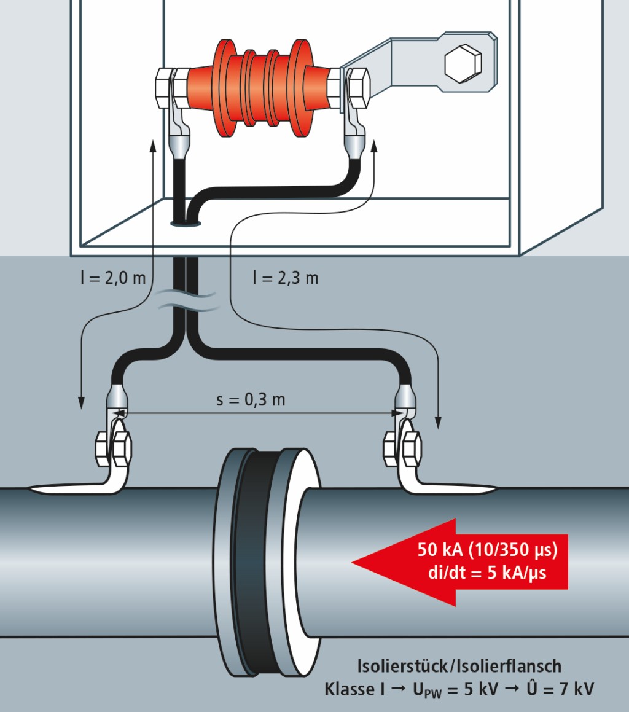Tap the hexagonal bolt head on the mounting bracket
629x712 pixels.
point(461,62)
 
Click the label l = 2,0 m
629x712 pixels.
point(112,278)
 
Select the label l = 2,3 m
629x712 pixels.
point(286,278)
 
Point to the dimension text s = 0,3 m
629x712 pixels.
point(251,399)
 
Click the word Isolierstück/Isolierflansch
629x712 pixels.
point(459,665)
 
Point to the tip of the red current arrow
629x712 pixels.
point(354,561)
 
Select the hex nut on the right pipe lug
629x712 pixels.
point(402,448)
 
